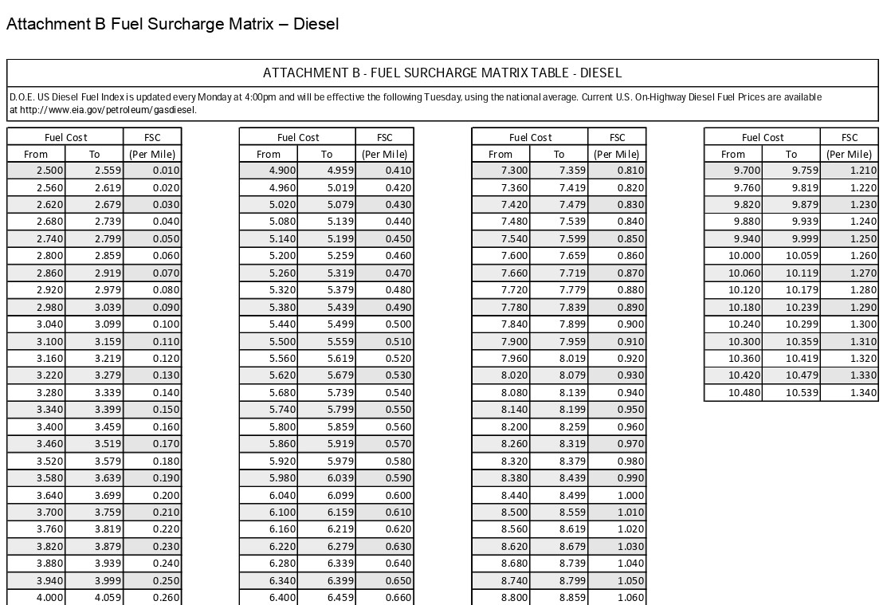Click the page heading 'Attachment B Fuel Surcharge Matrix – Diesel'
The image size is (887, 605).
tap(172, 24)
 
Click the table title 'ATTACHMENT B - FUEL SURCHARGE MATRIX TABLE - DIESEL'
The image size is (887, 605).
tap(442, 73)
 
